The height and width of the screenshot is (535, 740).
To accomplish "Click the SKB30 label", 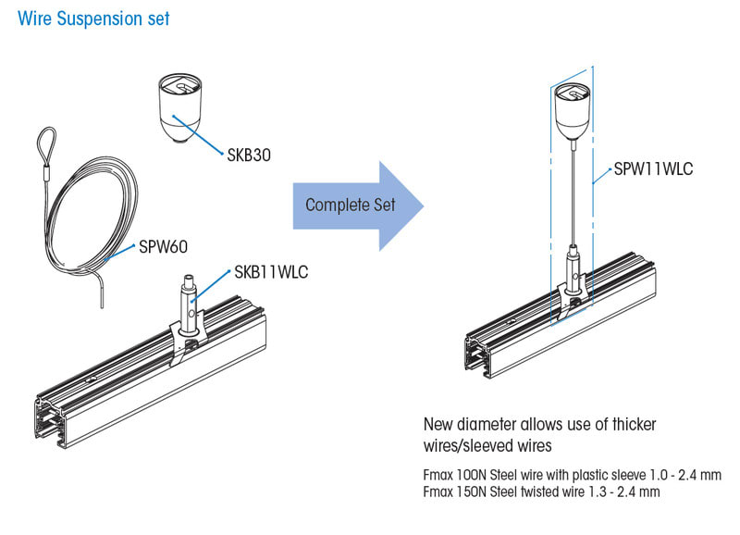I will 250,156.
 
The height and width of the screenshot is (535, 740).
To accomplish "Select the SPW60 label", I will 164,247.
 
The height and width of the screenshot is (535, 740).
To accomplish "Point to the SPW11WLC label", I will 653,170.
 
